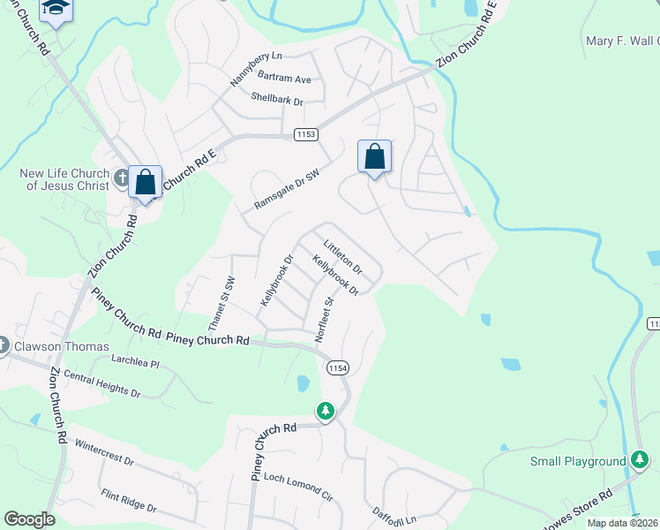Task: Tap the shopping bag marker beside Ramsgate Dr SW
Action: pos(374,157)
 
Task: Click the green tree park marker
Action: pos(326,411)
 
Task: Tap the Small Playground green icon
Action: pos(641,460)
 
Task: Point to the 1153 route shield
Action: pos(305,133)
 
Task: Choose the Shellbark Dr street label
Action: pos(276,100)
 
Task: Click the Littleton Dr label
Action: pos(343,255)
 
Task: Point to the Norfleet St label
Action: pos(324,319)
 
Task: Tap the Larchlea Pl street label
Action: pos(135,362)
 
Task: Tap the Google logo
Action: pos(29,519)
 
